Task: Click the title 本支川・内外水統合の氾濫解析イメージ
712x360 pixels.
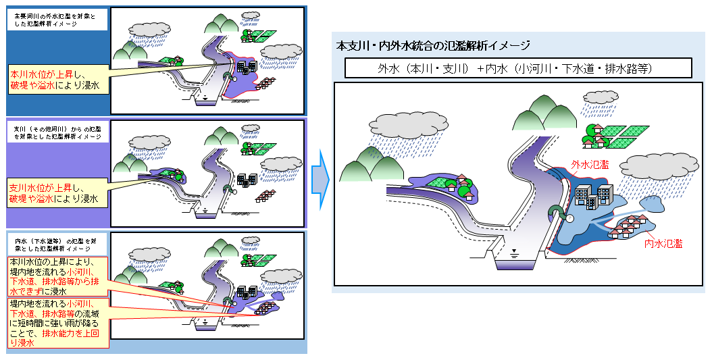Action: (433, 46)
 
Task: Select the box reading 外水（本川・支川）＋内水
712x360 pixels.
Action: (517, 68)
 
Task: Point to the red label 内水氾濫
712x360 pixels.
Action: (663, 243)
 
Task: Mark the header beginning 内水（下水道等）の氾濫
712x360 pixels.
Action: (57, 244)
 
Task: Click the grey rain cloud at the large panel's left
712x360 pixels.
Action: (408, 124)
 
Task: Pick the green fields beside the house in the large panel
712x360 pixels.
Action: (626, 134)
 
